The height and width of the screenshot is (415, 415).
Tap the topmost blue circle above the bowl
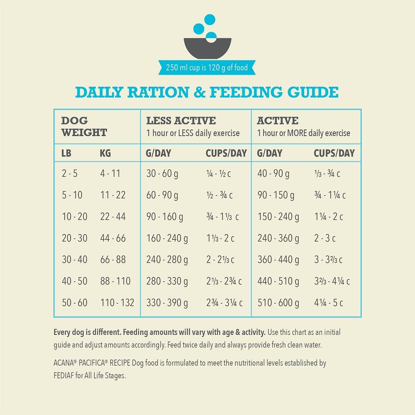pyautogui.click(x=210, y=19)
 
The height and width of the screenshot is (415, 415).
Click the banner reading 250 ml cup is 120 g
pyautogui.click(x=207, y=68)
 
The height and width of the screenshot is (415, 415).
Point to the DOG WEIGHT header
pyautogui.click(x=84, y=127)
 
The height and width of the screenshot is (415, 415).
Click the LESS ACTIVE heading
pyautogui.click(x=181, y=121)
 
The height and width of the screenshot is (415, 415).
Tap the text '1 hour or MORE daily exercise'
pyautogui.click(x=303, y=133)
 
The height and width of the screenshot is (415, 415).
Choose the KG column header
pyautogui.click(x=105, y=153)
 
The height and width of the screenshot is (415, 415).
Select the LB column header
pyautogui.click(x=66, y=153)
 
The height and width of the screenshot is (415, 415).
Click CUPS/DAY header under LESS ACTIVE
pyautogui.click(x=226, y=153)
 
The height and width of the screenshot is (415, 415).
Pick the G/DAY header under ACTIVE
pyautogui.click(x=270, y=153)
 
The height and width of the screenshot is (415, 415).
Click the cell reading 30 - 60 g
pyautogui.click(x=162, y=173)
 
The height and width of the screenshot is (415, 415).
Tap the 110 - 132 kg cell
pyautogui.click(x=117, y=303)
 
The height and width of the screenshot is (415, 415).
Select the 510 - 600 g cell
pyautogui.click(x=278, y=303)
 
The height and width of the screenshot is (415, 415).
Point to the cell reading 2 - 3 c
pyautogui.click(x=325, y=238)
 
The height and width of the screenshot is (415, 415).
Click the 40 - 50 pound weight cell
pyautogui.click(x=75, y=281)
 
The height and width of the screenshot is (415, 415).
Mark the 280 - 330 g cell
pyautogui.click(x=167, y=281)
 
